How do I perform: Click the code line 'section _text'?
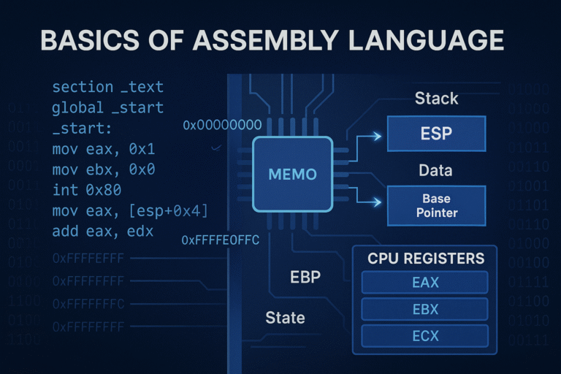pyautogui.click(x=108, y=88)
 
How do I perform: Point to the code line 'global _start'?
pyautogui.click(x=108, y=109)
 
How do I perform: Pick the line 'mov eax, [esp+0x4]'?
pyautogui.click(x=131, y=212)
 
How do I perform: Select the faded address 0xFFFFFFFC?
pyautogui.click(x=93, y=303)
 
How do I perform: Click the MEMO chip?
pyautogui.click(x=292, y=175)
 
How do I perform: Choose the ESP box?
pyautogui.click(x=436, y=134)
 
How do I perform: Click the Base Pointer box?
pyautogui.click(x=436, y=205)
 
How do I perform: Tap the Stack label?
pyautogui.click(x=436, y=98)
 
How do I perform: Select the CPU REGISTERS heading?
pyautogui.click(x=426, y=259)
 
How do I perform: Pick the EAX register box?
pyautogui.click(x=425, y=282)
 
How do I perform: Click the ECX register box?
pyautogui.click(x=425, y=335)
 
